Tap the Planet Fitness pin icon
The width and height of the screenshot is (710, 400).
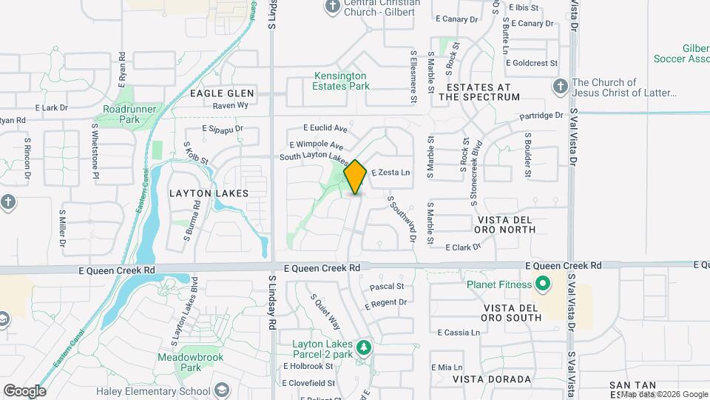click(542, 284)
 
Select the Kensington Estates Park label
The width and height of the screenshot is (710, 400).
click(340, 81)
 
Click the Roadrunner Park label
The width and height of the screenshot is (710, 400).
click(121, 114)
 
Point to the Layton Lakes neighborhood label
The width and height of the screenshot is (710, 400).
click(209, 193)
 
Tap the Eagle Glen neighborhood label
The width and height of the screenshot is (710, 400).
click(222, 93)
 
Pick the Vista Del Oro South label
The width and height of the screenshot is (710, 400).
click(513, 313)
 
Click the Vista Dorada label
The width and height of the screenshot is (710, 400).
click(492, 379)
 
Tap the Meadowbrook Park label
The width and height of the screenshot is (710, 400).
click(179, 362)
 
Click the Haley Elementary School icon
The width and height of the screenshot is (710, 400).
click(222, 391)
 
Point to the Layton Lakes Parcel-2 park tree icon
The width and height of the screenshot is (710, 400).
click(363, 347)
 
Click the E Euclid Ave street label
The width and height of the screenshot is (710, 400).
click(325, 128)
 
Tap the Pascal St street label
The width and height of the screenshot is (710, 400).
click(387, 286)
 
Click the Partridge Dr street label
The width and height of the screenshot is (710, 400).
click(541, 116)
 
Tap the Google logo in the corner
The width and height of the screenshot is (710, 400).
click(24, 391)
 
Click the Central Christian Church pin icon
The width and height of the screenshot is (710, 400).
click(331, 7)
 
